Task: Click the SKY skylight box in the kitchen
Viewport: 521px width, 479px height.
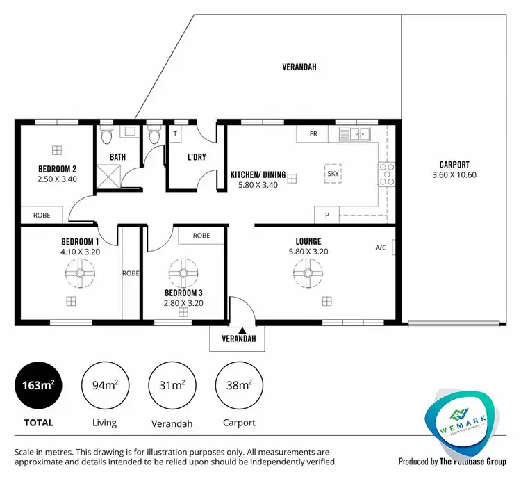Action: point(334,173)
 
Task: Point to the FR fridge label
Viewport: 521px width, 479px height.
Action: point(313,134)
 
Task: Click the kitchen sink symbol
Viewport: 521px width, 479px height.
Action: point(357,133)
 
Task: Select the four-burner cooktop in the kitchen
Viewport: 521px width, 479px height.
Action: point(386,174)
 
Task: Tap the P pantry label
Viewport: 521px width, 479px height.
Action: point(326,216)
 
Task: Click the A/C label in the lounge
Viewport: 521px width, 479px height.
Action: point(381,247)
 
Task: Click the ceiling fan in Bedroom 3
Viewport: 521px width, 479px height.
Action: point(183,274)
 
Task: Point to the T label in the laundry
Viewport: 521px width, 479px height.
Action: point(175,134)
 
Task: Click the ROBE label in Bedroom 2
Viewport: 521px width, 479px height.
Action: point(40,216)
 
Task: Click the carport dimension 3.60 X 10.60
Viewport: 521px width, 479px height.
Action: point(454,175)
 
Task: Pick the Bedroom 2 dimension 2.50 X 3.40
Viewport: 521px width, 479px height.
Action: point(57,179)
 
